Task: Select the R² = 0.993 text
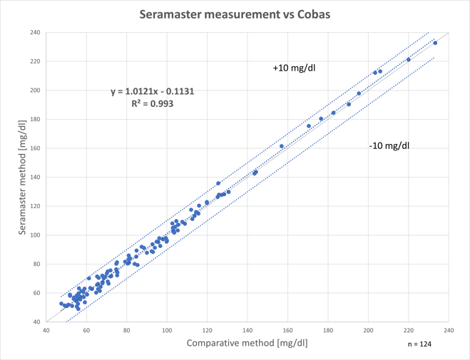pos(153,103)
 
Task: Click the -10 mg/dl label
pos(389,145)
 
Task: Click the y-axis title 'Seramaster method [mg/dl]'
pos(13,177)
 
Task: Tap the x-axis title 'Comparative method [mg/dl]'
pos(247,343)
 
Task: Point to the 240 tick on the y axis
pos(35,33)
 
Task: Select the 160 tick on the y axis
pos(35,148)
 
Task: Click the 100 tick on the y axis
pos(35,235)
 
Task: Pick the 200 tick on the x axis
pos(368,330)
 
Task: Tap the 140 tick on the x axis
pos(247,330)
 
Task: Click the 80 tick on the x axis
pos(126,330)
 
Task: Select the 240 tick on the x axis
pos(449,330)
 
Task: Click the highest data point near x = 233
pos(435,43)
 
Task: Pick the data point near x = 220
pos(409,60)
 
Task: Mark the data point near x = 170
pos(309,126)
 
